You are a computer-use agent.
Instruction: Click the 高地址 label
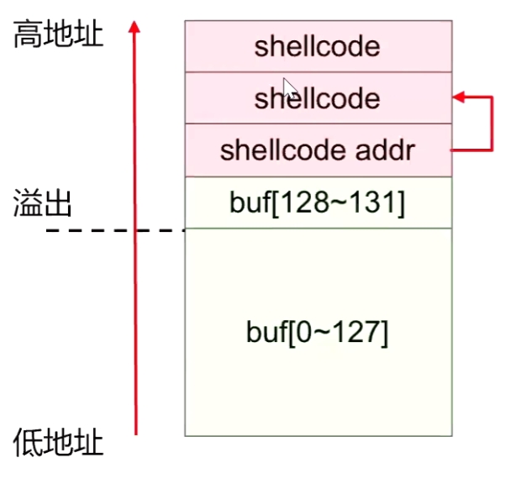(58, 36)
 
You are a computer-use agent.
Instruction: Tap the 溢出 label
(42, 204)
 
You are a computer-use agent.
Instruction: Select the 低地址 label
(58, 443)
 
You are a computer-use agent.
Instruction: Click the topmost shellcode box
(318, 46)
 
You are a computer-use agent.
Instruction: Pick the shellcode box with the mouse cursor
(318, 99)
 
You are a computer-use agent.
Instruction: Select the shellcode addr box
(318, 150)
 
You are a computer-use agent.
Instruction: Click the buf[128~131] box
(318, 203)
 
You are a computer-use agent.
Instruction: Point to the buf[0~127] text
(318, 333)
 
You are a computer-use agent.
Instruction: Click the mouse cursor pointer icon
(289, 87)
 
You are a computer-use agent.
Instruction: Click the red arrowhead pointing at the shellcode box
(460, 98)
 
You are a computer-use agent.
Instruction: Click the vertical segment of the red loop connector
(492, 124)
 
